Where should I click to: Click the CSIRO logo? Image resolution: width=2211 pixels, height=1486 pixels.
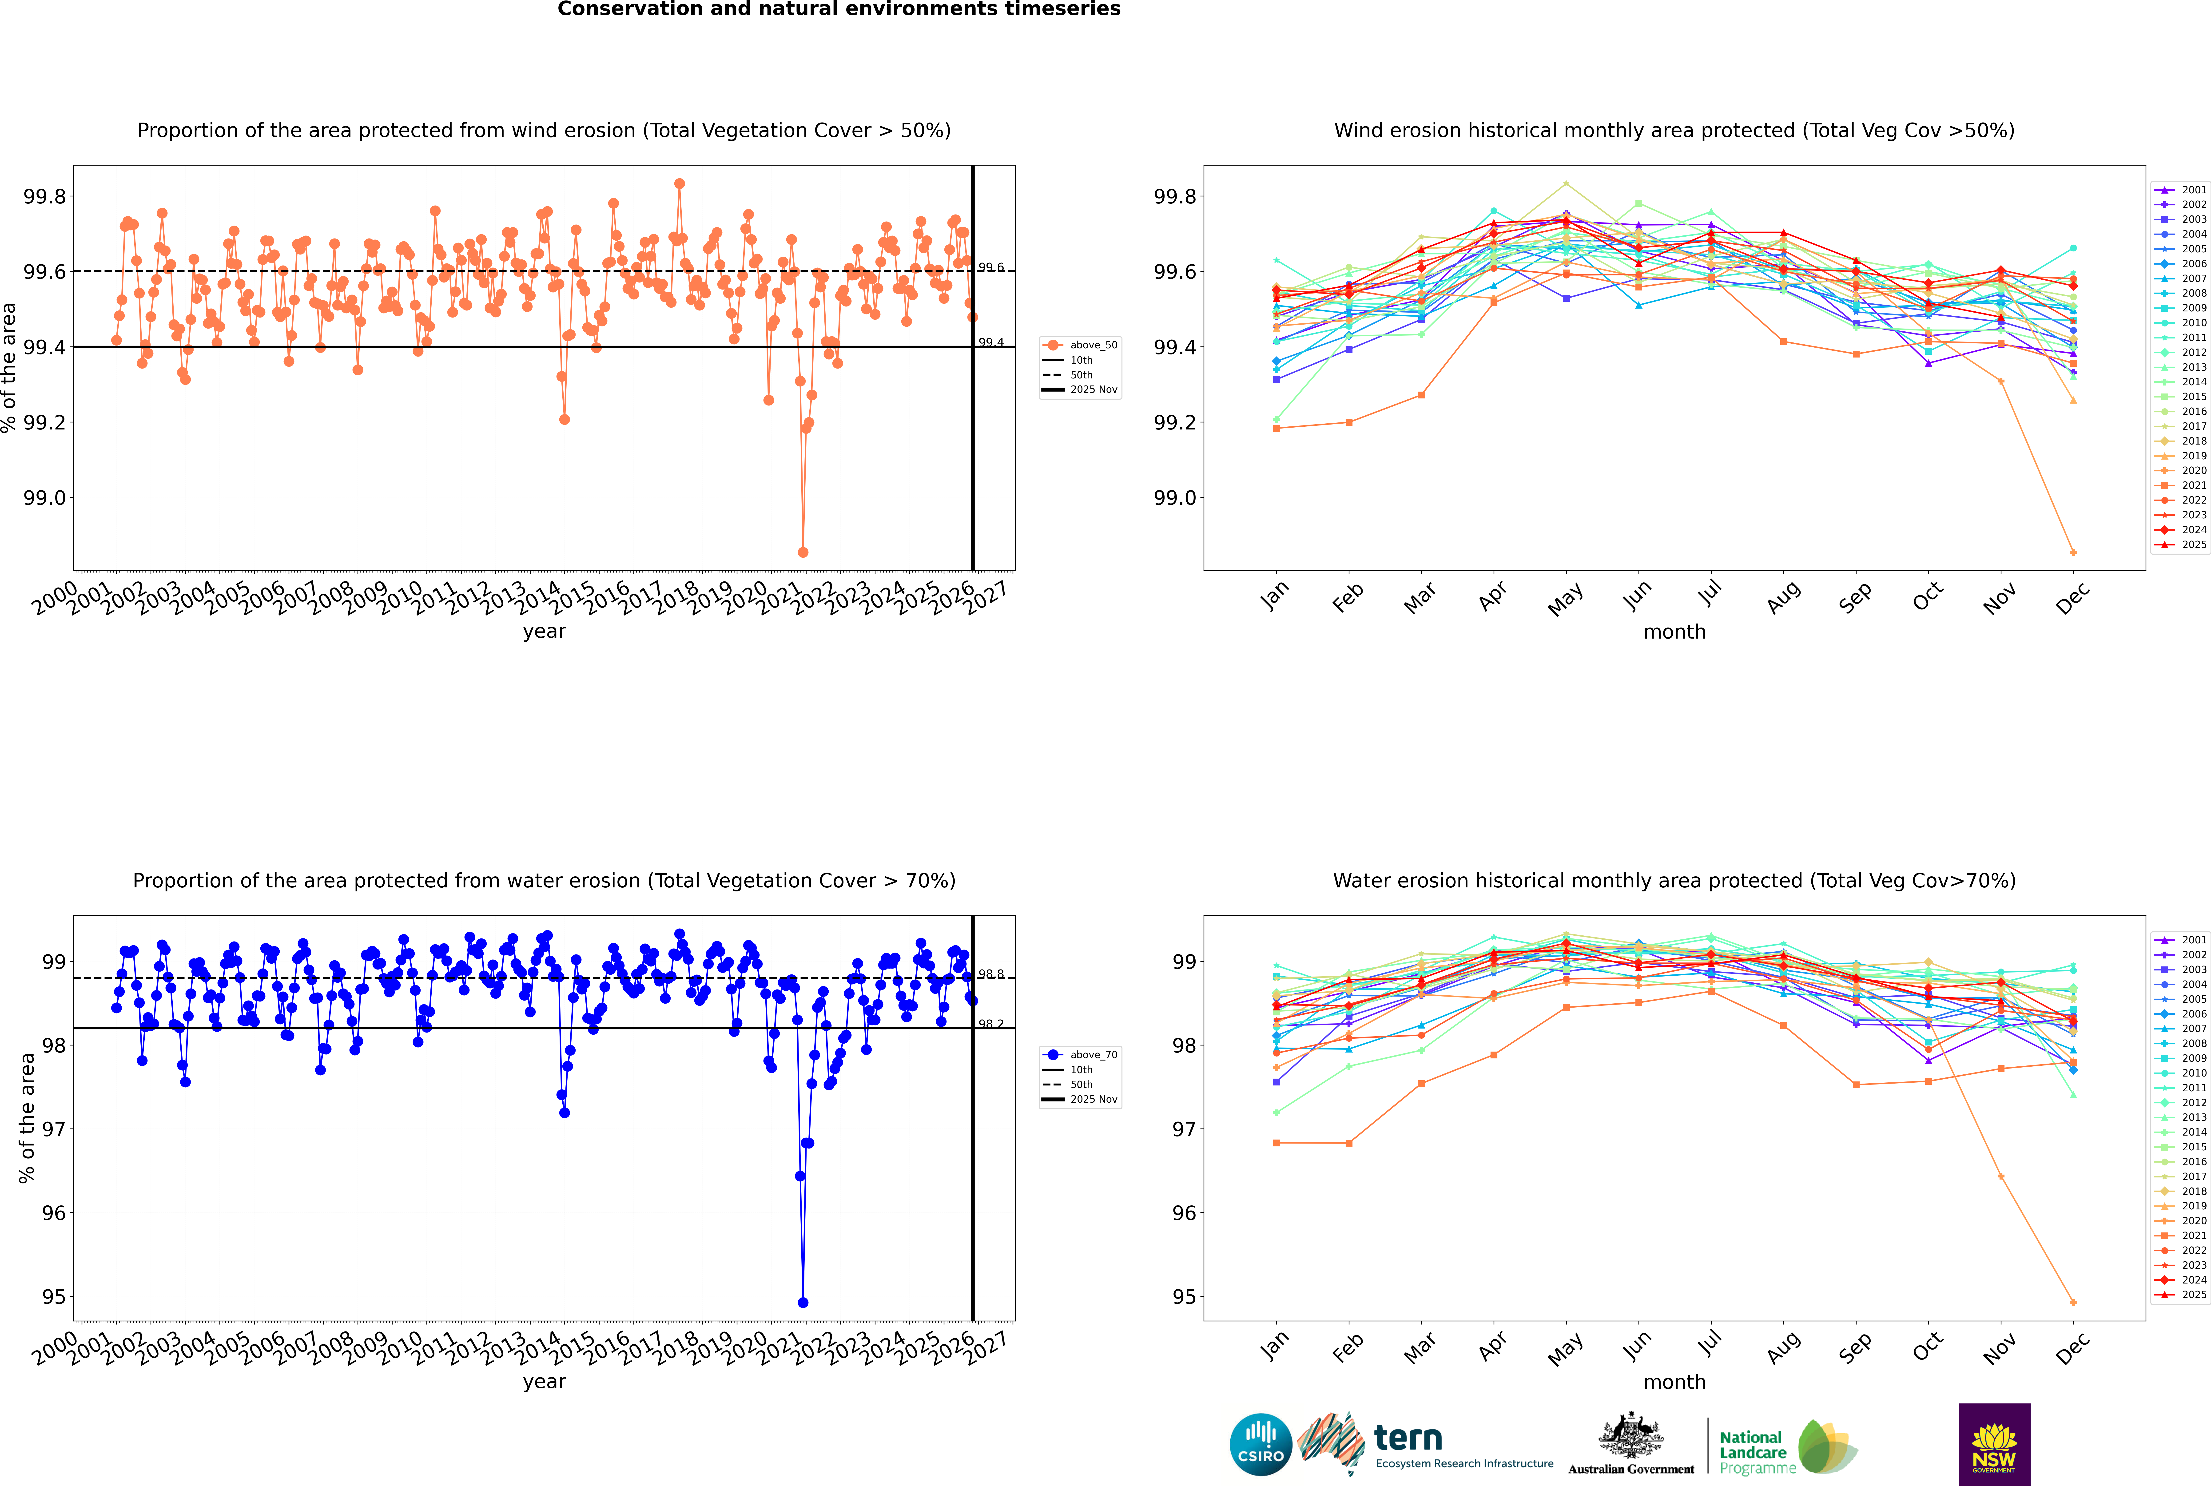point(1261,1444)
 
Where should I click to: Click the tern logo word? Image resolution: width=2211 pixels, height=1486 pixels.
point(1408,1439)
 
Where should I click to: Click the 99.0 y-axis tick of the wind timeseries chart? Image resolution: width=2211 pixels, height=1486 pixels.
point(44,497)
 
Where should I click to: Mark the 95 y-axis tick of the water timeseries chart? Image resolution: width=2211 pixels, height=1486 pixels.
point(54,1296)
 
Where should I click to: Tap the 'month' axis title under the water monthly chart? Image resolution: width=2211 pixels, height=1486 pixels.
point(1674,1382)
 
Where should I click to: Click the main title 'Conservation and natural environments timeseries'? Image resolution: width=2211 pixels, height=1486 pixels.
point(839,9)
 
